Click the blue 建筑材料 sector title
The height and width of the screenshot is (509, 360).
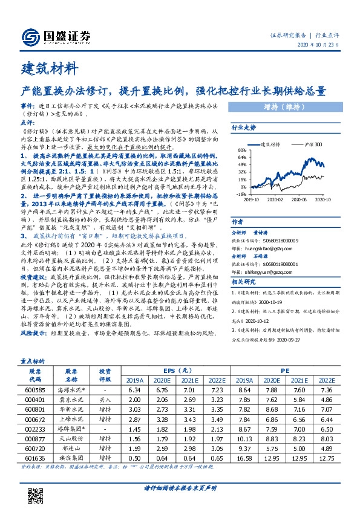point(49,66)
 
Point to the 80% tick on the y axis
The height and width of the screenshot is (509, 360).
point(241,151)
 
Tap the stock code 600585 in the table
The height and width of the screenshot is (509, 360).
point(35,391)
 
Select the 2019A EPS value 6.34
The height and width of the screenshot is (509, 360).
point(135,391)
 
